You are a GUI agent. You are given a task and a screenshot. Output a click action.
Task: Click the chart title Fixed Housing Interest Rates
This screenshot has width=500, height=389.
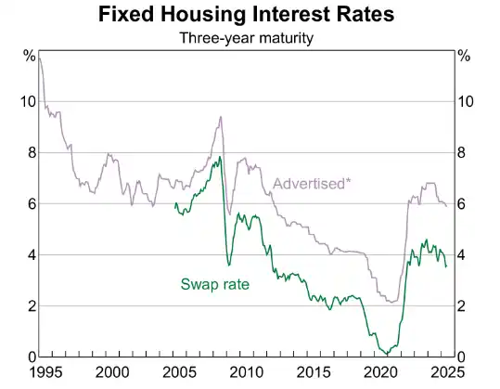click(249, 16)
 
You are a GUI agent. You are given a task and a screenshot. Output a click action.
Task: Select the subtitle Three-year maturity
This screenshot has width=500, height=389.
click(249, 38)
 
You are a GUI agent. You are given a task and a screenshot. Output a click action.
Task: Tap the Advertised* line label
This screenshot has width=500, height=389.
click(312, 183)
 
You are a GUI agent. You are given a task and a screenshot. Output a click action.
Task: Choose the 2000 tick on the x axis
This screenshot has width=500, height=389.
click(111, 371)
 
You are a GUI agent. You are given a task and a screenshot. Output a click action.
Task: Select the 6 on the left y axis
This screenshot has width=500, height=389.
click(31, 204)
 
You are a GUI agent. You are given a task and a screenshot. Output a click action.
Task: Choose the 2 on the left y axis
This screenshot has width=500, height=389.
click(31, 306)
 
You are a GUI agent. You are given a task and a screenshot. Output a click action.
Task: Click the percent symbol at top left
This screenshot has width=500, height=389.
click(29, 57)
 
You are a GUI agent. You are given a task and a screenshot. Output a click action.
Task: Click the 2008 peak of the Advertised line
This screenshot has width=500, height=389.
click(220, 117)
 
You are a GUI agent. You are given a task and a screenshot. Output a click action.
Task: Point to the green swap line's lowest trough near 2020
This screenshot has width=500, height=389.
click(384, 354)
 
